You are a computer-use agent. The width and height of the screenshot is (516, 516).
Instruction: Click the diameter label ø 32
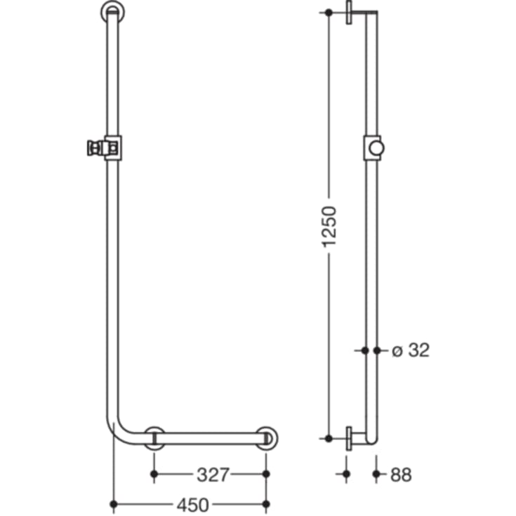[x=410, y=350]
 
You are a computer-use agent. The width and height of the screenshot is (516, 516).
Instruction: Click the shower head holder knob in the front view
[x=91, y=147]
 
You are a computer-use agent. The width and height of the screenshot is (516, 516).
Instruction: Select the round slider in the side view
[x=378, y=147]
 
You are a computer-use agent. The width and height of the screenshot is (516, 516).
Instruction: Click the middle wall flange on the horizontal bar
[x=154, y=437]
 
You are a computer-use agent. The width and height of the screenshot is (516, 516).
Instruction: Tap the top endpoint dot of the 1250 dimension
[x=329, y=13]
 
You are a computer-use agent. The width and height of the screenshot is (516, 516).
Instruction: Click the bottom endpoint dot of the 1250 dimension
[x=329, y=438]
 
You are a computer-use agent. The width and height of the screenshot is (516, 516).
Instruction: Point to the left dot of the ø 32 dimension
[x=365, y=349]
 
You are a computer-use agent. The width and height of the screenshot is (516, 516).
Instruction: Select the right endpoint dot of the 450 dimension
[x=266, y=503]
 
